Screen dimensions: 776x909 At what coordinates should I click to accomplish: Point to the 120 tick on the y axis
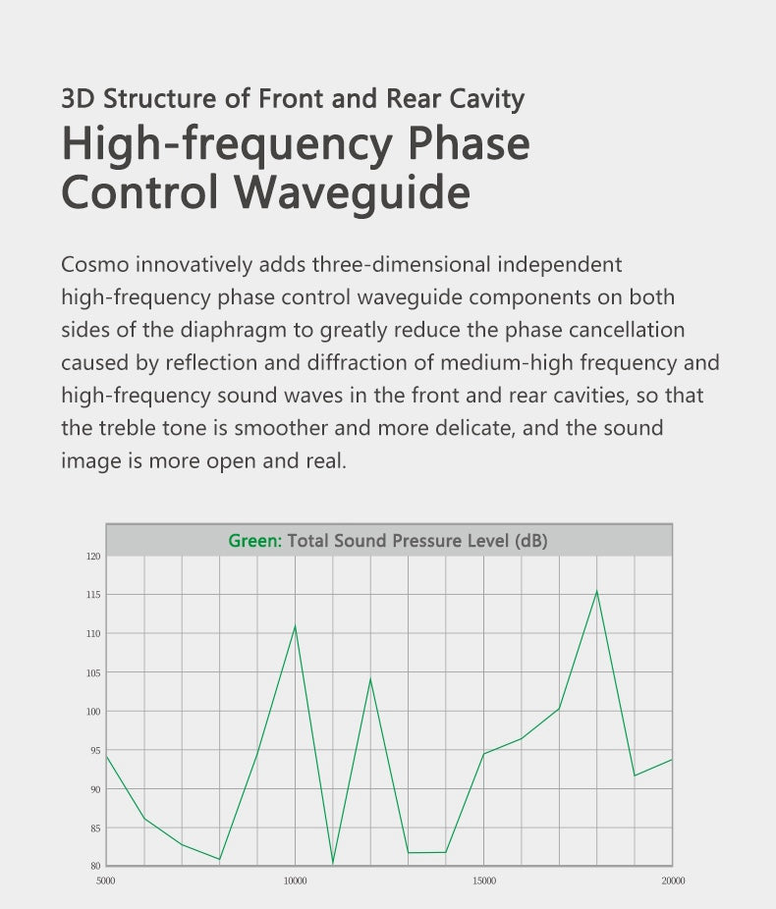pyautogui.click(x=93, y=556)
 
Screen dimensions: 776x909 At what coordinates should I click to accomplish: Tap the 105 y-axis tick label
pyautogui.click(x=93, y=672)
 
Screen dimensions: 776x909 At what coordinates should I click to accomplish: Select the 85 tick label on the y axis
pyautogui.click(x=95, y=829)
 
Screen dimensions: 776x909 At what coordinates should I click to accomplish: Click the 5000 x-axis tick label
pyautogui.click(x=105, y=881)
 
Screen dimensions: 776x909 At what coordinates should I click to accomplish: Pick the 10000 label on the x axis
pyautogui.click(x=296, y=881)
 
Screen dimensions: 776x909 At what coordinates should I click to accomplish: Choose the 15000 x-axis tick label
pyautogui.click(x=484, y=881)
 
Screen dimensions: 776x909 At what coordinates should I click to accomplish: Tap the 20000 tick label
pyautogui.click(x=673, y=881)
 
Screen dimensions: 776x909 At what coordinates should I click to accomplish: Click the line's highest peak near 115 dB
pyautogui.click(x=597, y=591)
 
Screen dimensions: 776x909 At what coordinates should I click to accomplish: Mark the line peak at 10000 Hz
pyautogui.click(x=296, y=626)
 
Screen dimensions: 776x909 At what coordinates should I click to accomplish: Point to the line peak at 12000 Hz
pyautogui.click(x=370, y=679)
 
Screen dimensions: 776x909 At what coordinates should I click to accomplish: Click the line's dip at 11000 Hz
pyautogui.click(x=333, y=863)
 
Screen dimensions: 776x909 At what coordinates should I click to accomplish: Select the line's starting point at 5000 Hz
pyautogui.click(x=107, y=757)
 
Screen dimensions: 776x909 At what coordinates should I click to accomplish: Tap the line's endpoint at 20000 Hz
pyautogui.click(x=672, y=760)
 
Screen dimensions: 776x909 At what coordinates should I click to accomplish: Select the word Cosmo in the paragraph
pyautogui.click(x=95, y=265)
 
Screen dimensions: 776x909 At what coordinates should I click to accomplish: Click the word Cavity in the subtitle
pyautogui.click(x=486, y=99)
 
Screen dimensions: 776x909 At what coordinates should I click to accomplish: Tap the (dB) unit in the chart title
pyautogui.click(x=530, y=541)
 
